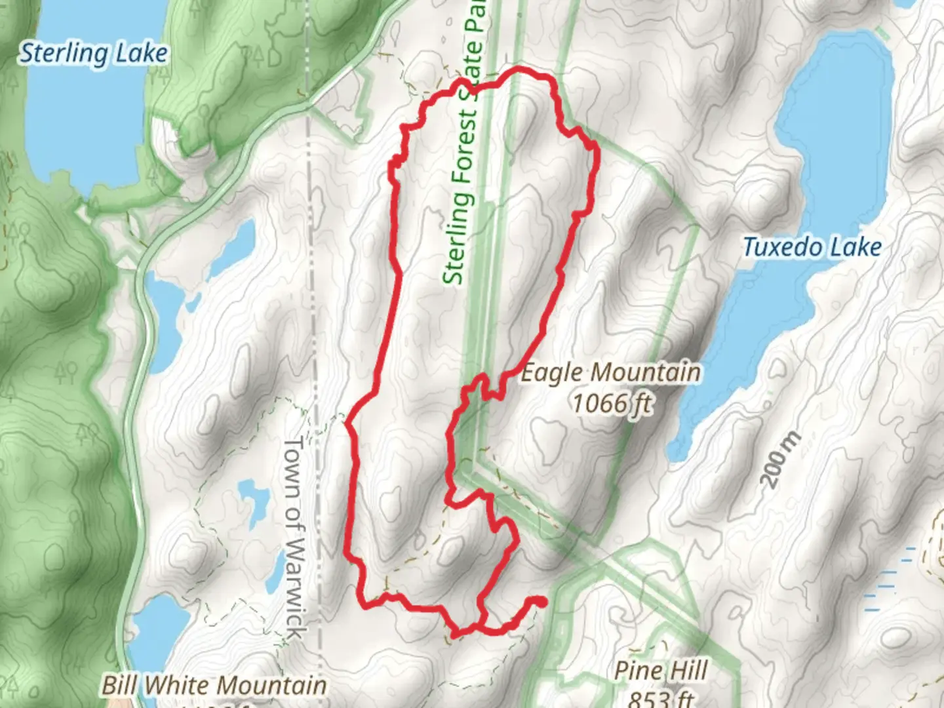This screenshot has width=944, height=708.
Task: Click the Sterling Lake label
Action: (x=93, y=53)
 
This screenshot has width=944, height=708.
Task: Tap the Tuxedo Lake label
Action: (x=812, y=248)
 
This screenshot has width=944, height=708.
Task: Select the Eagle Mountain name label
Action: (x=610, y=373)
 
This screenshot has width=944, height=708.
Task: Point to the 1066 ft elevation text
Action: (x=612, y=403)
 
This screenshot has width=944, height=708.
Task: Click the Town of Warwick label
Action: (x=294, y=538)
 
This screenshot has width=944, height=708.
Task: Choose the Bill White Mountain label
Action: (x=214, y=686)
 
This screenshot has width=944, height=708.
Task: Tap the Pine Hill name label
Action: (x=660, y=671)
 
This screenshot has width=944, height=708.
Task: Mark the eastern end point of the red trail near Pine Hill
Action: (x=541, y=601)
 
